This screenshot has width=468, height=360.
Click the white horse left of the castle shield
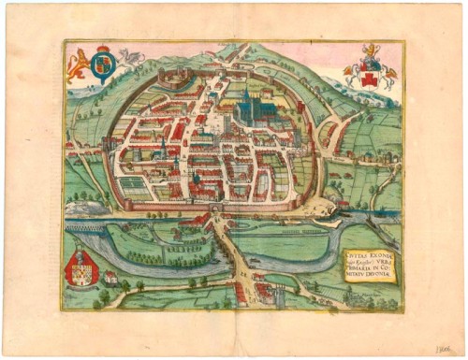(x=353, y=77)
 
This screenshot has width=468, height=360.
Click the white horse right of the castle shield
(x=388, y=77)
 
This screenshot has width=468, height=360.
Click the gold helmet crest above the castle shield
(x=371, y=61)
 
